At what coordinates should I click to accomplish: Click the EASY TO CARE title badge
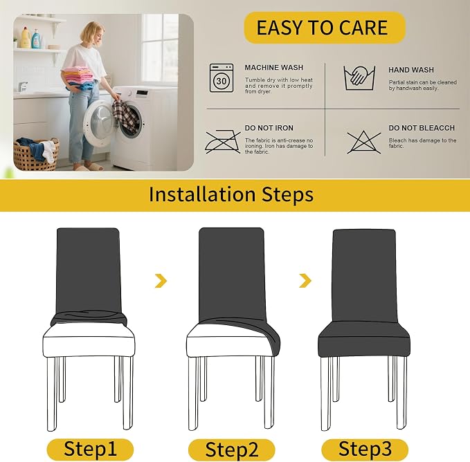[325, 28]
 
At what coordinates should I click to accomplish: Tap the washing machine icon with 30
[222, 78]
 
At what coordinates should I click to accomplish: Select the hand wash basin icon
[359, 78]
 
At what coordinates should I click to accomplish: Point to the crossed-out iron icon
[223, 142]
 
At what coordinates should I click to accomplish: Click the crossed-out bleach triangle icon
[364, 142]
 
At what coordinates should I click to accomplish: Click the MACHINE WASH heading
[274, 68]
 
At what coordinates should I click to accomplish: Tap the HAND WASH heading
[411, 70]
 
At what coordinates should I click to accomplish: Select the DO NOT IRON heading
[269, 128]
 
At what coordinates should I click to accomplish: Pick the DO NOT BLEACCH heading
[422, 128]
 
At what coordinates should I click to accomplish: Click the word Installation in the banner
[203, 194]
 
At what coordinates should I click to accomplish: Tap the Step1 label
[90, 449]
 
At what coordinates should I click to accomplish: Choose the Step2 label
[232, 450]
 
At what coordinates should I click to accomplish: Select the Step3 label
[365, 449]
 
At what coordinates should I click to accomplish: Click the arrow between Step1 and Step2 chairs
[161, 281]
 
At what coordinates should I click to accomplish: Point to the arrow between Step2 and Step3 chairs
[305, 281]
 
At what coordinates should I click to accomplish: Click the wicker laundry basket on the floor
[36, 154]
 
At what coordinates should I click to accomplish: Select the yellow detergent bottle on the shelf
[25, 37]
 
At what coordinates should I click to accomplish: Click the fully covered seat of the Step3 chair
[363, 339]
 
